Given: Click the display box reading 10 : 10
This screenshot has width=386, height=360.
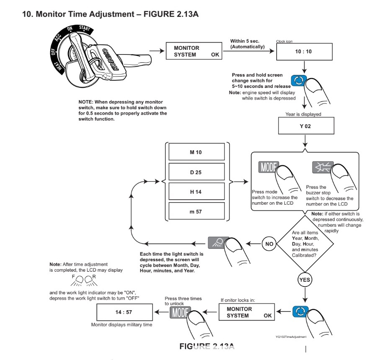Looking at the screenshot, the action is [x=304, y=51].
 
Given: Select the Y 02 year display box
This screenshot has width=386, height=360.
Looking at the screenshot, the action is [x=306, y=126].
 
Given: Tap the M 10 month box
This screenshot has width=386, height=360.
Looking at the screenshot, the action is [x=197, y=152].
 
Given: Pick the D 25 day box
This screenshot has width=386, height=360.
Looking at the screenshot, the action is [x=197, y=172].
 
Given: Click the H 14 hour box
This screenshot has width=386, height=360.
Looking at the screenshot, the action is [x=197, y=191].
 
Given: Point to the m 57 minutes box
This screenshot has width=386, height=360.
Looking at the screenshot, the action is [x=197, y=211].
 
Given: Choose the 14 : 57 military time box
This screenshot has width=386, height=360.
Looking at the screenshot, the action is [x=124, y=312].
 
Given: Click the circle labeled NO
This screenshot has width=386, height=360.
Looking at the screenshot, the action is [x=269, y=244].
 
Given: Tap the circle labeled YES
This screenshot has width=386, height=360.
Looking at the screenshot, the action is [x=305, y=280].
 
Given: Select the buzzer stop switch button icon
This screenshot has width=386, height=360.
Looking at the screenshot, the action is [x=322, y=167].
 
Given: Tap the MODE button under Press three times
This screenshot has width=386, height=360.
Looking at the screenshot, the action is [x=179, y=313].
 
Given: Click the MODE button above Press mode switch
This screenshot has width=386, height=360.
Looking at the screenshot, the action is [x=268, y=167].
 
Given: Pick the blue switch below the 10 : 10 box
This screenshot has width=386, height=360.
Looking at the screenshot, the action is [x=298, y=80].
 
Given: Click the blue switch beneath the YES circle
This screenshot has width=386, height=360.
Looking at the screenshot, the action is [x=300, y=311].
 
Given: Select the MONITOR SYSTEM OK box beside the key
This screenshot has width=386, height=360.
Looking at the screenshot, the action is [x=194, y=51].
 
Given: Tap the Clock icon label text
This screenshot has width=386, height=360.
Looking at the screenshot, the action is [x=284, y=41].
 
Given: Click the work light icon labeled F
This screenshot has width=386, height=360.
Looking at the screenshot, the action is [x=78, y=280].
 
